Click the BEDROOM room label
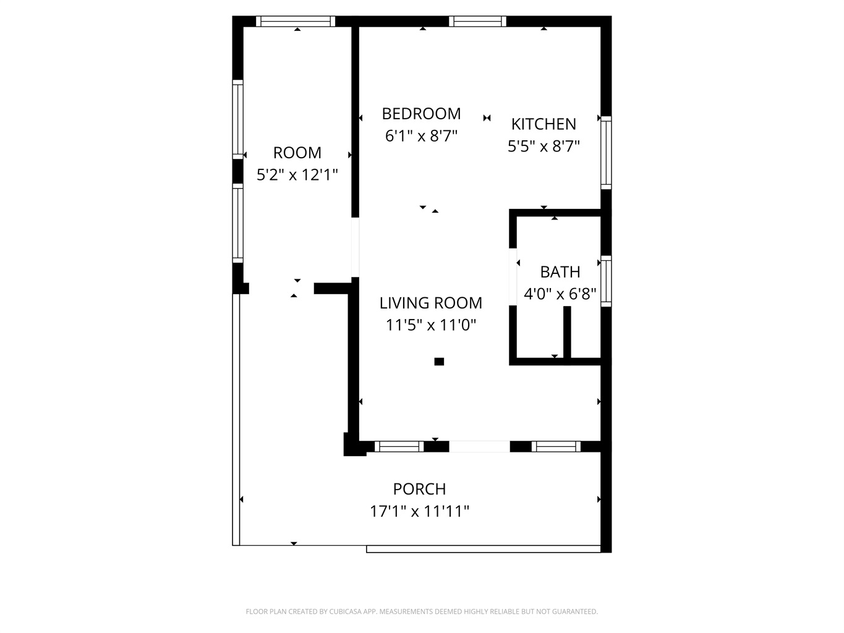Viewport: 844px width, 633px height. [x=421, y=114]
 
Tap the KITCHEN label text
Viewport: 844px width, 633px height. [x=543, y=124]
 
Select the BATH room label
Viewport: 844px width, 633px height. [x=560, y=272]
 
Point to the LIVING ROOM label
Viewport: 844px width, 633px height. [x=430, y=303]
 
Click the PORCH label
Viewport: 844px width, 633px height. [x=419, y=489]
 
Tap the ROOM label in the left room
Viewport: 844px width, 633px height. [x=297, y=153]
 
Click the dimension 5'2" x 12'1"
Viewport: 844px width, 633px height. [x=297, y=175]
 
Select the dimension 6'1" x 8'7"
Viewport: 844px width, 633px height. [x=421, y=136]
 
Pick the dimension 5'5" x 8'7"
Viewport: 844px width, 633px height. [x=543, y=147]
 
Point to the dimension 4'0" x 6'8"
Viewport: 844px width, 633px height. [x=560, y=294]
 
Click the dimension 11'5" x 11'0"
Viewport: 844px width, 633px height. [x=430, y=325]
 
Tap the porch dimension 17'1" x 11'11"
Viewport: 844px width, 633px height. [x=419, y=511]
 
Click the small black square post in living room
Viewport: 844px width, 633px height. [x=439, y=362]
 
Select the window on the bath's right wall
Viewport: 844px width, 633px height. [x=606, y=281]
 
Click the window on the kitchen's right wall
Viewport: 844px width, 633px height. [x=606, y=152]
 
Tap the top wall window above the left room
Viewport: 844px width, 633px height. [x=296, y=22]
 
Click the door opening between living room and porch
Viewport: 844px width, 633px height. [x=479, y=446]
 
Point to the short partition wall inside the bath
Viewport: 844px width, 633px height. [x=567, y=332]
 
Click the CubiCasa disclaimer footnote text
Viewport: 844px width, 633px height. [x=422, y=612]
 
